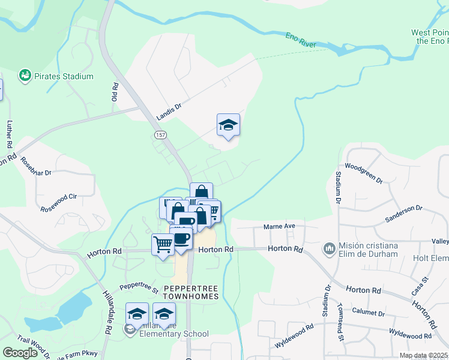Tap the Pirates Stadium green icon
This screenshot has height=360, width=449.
(x=25, y=76)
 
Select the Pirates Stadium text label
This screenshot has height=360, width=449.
(x=64, y=77)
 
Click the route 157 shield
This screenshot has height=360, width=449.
(x=160, y=135)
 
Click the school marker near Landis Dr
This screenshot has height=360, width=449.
(x=228, y=125)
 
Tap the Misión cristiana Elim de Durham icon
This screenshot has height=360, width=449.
(x=329, y=248)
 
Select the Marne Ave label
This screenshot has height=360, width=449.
(x=280, y=227)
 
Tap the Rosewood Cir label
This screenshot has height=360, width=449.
(x=59, y=196)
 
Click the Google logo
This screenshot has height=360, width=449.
(x=20, y=352)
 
